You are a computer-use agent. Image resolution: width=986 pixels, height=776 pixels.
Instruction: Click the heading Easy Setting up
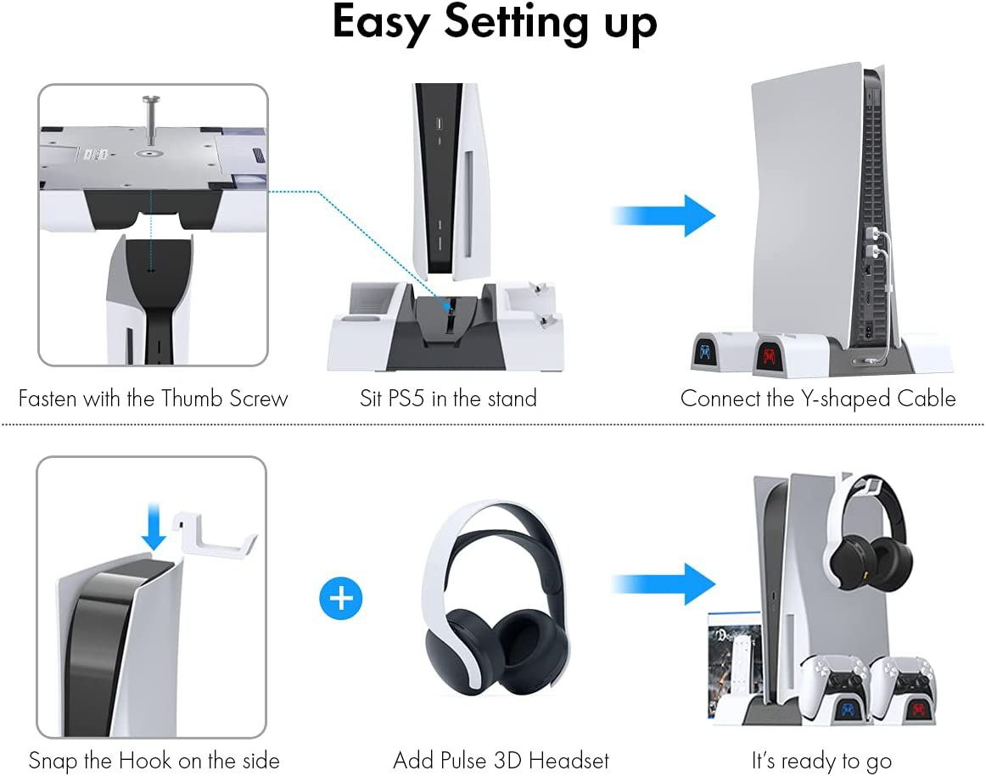coord(494,24)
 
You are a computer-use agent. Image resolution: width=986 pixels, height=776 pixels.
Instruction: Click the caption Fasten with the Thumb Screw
coord(153,399)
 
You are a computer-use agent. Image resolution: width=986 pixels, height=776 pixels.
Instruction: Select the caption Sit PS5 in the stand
coord(448,399)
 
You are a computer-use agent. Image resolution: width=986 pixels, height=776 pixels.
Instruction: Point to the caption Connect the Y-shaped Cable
coord(818,399)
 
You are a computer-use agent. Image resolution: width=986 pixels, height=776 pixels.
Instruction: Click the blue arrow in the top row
coord(664,215)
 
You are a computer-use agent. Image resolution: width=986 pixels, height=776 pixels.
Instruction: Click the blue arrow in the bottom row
coord(664,584)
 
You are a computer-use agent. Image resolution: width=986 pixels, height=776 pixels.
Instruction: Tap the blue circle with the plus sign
coord(341,598)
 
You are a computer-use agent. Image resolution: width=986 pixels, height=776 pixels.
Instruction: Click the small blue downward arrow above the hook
coord(154,527)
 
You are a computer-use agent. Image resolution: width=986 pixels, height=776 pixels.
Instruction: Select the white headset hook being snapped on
coord(214,534)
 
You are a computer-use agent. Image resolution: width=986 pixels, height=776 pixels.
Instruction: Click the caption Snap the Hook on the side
coord(154,761)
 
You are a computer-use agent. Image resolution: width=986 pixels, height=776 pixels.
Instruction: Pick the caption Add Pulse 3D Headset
coord(501,761)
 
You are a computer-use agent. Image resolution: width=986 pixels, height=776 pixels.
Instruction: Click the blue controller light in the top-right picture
coord(705,353)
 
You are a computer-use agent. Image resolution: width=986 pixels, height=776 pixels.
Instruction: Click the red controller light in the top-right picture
coord(769,356)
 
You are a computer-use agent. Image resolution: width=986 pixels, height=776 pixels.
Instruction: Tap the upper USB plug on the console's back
coord(871,234)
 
